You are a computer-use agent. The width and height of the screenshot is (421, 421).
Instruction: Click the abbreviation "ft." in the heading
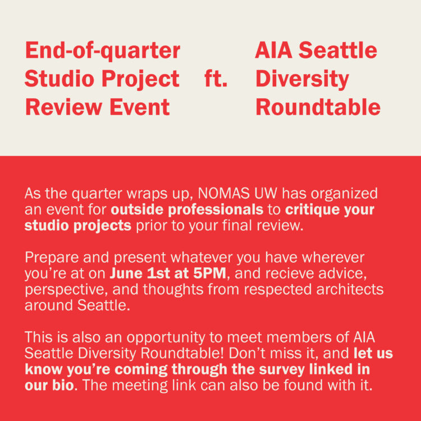pos(216,79)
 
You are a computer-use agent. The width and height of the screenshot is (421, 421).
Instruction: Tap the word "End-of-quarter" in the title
pos(103,51)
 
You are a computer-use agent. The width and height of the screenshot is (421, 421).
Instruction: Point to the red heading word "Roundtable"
pos(318,107)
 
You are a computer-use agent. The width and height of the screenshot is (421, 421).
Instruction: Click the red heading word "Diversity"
pos(302,79)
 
